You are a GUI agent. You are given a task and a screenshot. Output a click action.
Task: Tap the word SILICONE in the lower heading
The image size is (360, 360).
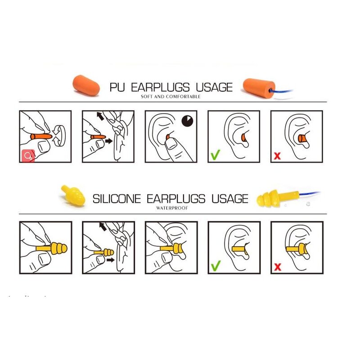(117, 198)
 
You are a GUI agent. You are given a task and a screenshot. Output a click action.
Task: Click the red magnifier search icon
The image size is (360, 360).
(27, 156)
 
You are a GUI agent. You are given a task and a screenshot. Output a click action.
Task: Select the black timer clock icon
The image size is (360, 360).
(187, 121)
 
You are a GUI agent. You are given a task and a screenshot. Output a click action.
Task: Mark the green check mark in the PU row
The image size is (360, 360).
(216, 156)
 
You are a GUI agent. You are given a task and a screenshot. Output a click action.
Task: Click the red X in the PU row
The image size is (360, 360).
(278, 156)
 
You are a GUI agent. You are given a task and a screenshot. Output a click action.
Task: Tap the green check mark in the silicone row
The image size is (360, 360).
(216, 266)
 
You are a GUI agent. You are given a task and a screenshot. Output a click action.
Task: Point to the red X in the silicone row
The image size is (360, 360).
(278, 267)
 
